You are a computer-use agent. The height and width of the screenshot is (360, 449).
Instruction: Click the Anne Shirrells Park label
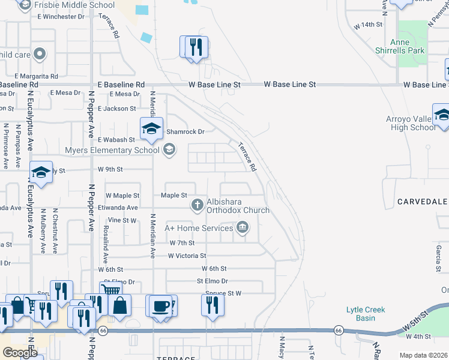point(408,46)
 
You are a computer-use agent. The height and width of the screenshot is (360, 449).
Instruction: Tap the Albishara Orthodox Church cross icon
point(196,206)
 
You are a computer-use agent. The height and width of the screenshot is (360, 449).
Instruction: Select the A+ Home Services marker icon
point(243,227)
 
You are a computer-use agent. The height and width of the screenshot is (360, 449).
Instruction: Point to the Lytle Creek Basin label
point(366,314)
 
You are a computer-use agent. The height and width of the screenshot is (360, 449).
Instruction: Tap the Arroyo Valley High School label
point(411,123)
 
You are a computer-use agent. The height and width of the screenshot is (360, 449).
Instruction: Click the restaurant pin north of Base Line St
point(194,47)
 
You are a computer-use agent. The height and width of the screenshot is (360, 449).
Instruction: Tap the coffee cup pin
point(160,305)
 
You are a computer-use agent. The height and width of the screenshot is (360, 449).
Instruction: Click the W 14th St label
point(368,25)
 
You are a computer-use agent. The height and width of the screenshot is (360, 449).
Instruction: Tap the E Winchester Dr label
point(61,16)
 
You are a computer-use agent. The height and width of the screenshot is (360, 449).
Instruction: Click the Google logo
point(20,353)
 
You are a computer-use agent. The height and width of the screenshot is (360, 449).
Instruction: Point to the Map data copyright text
point(423,355)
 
